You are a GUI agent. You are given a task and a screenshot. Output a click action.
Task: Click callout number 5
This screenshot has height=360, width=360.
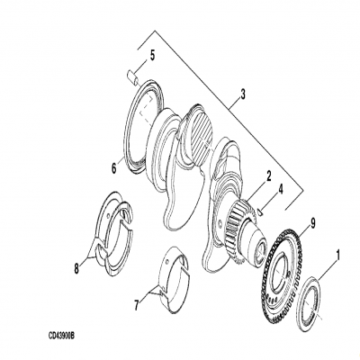pos(152,55)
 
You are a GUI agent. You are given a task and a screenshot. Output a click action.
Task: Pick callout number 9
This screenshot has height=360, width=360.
pos(311,221)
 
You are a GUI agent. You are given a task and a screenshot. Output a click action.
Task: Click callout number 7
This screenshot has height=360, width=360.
pos(137,305)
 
